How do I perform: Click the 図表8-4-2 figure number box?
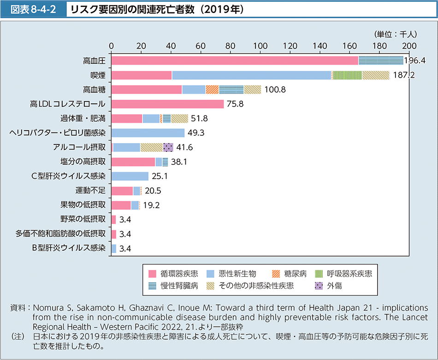pyautogui.click(x=33, y=9)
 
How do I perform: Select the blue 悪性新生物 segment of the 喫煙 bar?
pyautogui.click(x=251, y=75)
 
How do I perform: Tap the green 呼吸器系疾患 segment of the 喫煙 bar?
pyautogui.click(x=347, y=75)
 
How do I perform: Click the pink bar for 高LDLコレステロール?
pyautogui.click(x=167, y=104)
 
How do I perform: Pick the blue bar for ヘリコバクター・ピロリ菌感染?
pyautogui.click(x=148, y=133)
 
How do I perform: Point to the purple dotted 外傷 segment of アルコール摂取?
pyautogui.click(x=168, y=147)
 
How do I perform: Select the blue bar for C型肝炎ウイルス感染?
pyautogui.click(x=130, y=176)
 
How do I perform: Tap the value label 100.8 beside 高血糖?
pyautogui.click(x=275, y=90)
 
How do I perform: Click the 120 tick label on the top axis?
pyautogui.click(x=290, y=46)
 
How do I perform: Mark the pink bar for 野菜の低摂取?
pyautogui.click(x=113, y=219)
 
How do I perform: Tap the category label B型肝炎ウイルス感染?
pyautogui.click(x=68, y=248)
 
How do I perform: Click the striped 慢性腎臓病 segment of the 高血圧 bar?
pyautogui.click(x=380, y=60)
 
